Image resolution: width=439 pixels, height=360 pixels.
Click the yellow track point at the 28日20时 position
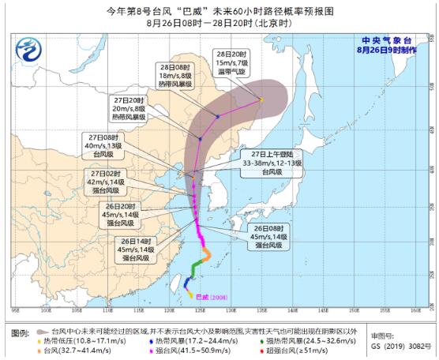pos(262,99)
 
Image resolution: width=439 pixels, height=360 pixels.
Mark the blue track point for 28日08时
pos(219,117)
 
